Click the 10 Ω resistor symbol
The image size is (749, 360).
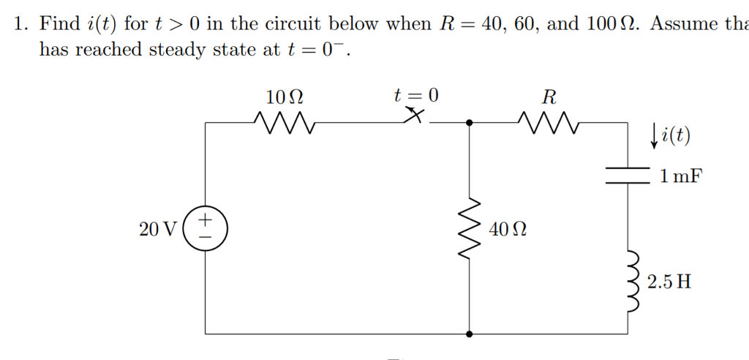pyautogui.click(x=283, y=123)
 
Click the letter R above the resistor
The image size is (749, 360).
pyautogui.click(x=549, y=97)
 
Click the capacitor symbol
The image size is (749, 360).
pyautogui.click(x=628, y=175)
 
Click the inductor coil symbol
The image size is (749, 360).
pyautogui.click(x=631, y=281)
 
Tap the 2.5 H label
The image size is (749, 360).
pyautogui.click(x=669, y=282)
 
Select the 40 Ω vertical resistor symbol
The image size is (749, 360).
pyautogui.click(x=469, y=228)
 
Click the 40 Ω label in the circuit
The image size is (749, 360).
pyautogui.click(x=508, y=230)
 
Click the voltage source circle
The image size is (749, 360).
pyautogui.click(x=206, y=228)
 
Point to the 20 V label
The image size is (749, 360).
pyautogui.click(x=157, y=229)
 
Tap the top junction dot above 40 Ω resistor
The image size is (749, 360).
pyautogui.click(x=469, y=124)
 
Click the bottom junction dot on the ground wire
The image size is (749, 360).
pyautogui.click(x=469, y=333)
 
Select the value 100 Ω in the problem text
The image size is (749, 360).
pyautogui.click(x=610, y=23)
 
